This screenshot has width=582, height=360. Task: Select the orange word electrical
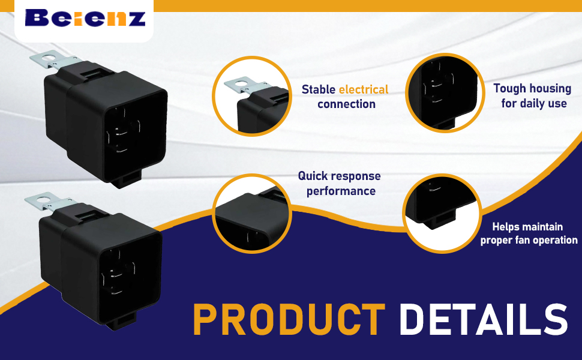[x=364, y=89]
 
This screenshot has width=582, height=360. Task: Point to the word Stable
[x=318, y=89]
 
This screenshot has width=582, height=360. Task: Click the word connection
[x=346, y=104]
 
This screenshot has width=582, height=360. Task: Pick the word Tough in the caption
[x=511, y=88]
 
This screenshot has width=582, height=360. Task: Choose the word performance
[x=341, y=191]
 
